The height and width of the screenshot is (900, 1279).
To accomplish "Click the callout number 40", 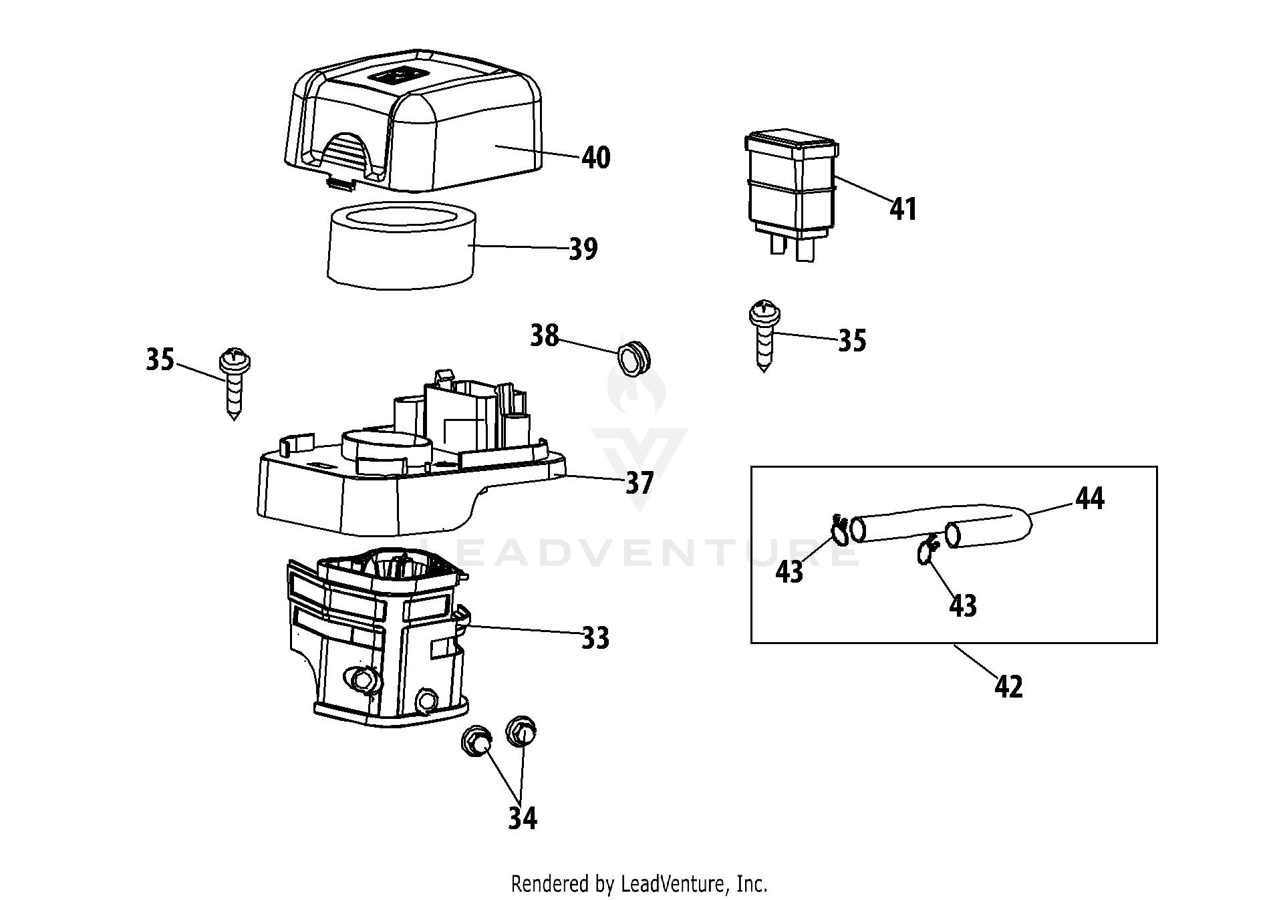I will (x=595, y=158).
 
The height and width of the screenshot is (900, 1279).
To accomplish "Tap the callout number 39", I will (x=583, y=249).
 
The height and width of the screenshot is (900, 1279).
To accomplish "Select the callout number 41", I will (x=903, y=209).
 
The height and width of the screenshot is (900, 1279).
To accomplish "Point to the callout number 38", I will (x=544, y=336).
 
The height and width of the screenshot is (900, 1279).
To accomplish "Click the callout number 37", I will (x=639, y=482).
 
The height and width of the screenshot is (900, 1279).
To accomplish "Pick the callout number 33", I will (x=595, y=638).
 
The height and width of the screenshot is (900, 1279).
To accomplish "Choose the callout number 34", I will (x=522, y=818).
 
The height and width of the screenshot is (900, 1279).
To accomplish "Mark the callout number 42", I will (x=1008, y=687).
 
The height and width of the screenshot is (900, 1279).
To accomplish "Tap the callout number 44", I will (x=1090, y=499).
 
